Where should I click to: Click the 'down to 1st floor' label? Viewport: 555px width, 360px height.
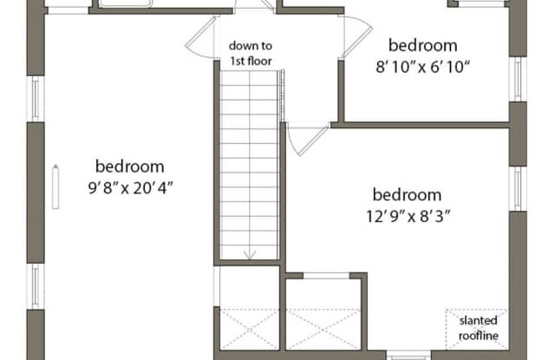251,54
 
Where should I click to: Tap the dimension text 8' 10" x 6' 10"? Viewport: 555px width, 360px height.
422,67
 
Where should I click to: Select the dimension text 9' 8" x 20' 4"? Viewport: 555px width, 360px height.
131,188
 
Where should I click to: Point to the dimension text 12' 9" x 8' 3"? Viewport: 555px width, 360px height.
408,216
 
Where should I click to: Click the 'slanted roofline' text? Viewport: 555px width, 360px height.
479,328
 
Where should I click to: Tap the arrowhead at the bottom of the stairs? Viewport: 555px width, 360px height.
250,255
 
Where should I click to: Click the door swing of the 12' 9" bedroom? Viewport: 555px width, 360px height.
307,141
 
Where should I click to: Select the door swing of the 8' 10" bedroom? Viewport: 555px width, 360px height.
356,36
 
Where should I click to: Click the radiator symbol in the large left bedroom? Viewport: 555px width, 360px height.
55,187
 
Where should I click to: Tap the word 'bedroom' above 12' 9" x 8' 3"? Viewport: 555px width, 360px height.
407,195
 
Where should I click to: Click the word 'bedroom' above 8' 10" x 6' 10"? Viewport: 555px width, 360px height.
422,45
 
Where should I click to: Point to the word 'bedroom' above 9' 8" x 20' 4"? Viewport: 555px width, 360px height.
130,167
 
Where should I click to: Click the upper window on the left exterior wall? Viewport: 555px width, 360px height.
36,99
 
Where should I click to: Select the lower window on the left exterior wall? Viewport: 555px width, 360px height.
36,286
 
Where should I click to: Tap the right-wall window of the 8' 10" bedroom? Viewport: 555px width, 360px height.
518,79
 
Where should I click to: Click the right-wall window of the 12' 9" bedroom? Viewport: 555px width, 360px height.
518,188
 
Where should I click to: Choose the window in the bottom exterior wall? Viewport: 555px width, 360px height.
409,355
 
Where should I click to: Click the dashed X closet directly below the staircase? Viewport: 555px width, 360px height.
250,329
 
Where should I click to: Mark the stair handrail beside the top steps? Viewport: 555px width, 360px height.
282,95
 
